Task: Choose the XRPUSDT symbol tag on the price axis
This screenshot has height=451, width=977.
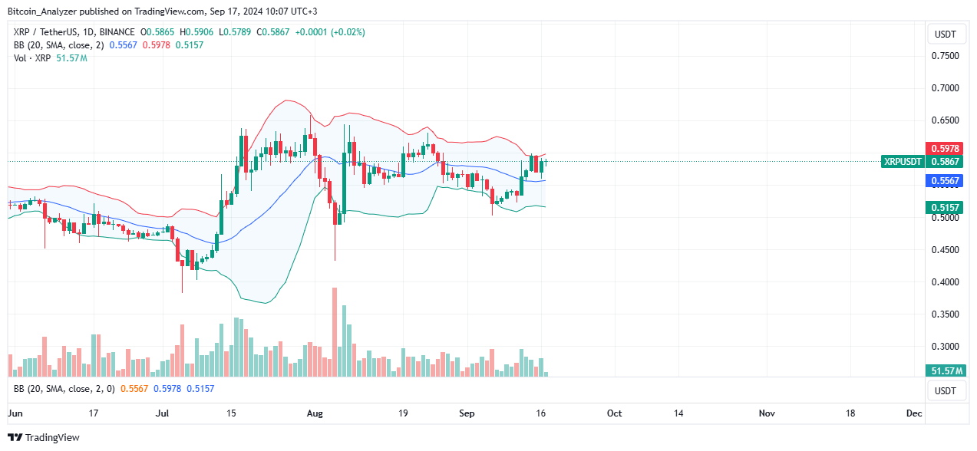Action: coord(903,162)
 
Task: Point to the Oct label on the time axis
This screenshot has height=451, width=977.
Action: coord(614,413)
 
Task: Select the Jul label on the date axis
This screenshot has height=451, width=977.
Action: coord(162,413)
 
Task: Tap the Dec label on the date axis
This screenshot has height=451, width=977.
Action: coord(913,413)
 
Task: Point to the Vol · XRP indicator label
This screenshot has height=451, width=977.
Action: coord(35,58)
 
